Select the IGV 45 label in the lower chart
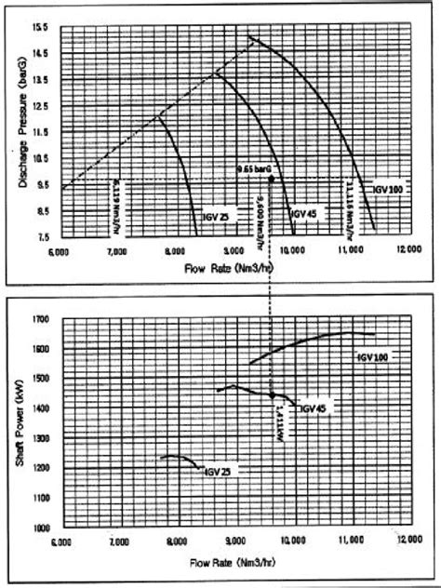(x=313, y=408)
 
